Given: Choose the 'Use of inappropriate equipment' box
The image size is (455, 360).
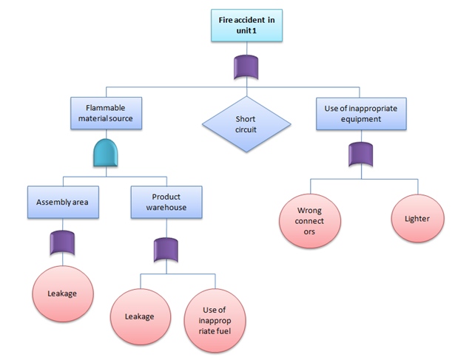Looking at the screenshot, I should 360,113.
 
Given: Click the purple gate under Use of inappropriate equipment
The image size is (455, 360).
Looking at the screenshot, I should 360,154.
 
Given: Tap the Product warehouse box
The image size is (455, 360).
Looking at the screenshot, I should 166,201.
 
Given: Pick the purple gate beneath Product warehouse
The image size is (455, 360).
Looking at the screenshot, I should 166,249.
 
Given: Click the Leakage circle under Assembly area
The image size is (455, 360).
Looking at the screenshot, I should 62,293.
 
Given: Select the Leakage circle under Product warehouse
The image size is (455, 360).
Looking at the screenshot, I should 140,316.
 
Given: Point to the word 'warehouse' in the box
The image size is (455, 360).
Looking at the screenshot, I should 166,207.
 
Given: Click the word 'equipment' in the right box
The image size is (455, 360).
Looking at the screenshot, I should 360,119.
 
